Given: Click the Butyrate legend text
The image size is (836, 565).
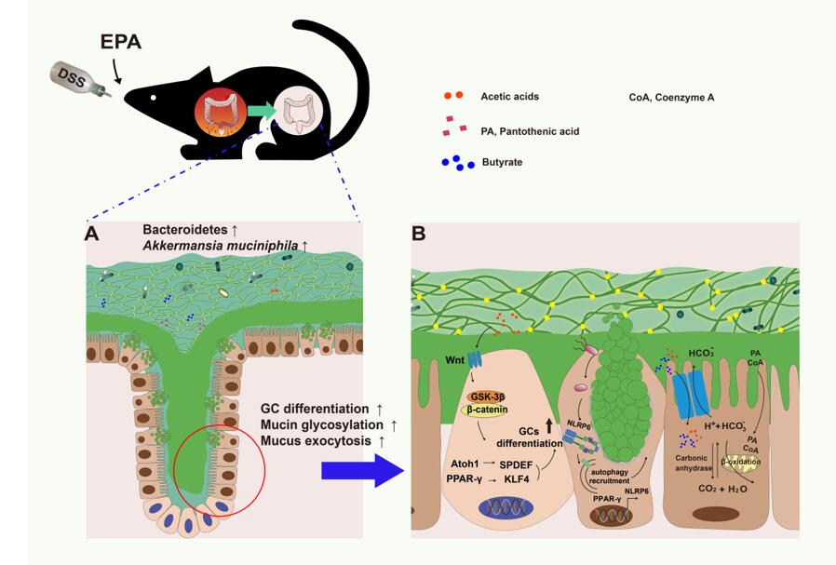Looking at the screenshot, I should pyautogui.click(x=502, y=162).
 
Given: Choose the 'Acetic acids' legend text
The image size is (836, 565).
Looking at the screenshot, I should pyautogui.click(x=509, y=96).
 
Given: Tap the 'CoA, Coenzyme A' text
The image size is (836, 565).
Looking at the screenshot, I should pyautogui.click(x=672, y=96).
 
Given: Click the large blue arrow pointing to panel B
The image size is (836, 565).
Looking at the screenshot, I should pyautogui.click(x=363, y=472).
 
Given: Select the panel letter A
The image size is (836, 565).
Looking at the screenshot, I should pyautogui.click(x=92, y=234).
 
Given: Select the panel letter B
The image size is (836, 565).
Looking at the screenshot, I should pyautogui.click(x=419, y=233).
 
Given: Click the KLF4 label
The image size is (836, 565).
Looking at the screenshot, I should pyautogui.click(x=514, y=478).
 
